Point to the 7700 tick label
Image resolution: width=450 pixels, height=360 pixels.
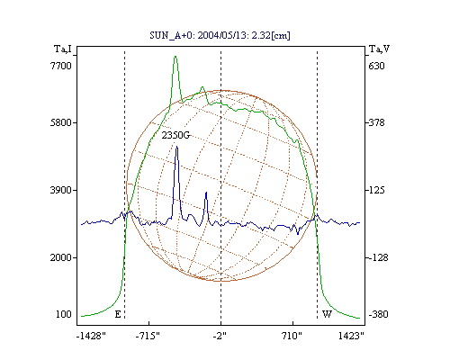pos(61,66)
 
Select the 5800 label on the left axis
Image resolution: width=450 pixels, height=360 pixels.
pos(61,122)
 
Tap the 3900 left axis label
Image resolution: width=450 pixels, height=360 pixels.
pos(61,190)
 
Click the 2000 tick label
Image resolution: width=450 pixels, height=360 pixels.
pos(61,257)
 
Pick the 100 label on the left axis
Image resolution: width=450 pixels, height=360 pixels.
pos(64,314)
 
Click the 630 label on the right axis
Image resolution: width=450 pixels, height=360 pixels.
pos(376,66)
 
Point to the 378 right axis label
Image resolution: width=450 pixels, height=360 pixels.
pos(376,122)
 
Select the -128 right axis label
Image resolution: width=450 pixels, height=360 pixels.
pos(378,257)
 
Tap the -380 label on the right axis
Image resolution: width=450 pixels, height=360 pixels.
pos(378,314)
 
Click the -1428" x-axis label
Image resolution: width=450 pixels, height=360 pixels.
pos(91,336)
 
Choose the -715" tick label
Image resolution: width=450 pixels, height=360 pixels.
pos(148,336)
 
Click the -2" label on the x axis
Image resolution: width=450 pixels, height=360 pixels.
pos(220,336)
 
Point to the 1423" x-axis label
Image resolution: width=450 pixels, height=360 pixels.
pos(351,336)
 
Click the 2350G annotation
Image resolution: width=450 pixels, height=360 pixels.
pos(175,135)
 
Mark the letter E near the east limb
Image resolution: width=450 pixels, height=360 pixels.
pos(118,314)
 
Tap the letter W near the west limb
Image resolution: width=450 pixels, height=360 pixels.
pos(327,314)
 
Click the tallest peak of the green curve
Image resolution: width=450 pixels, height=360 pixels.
pos(175,56)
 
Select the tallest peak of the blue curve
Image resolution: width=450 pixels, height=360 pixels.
pos(176,147)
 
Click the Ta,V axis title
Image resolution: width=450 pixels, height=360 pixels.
pos(379,49)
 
